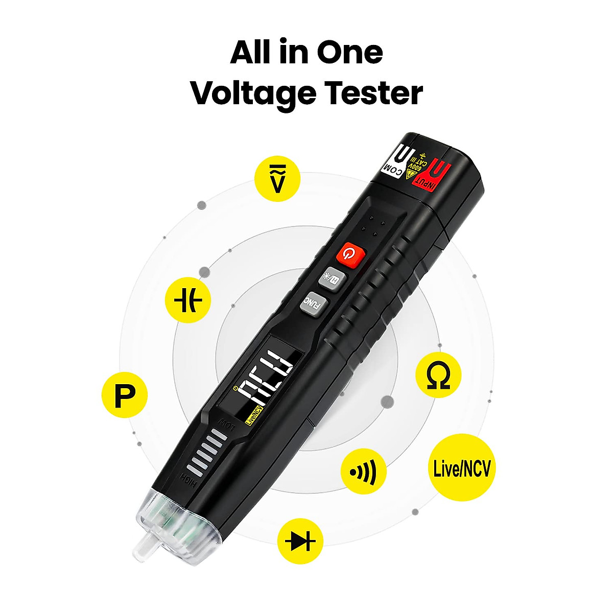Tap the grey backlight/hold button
pos(329,278)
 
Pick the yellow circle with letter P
pos(125,395)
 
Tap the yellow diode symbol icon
pos(300,541)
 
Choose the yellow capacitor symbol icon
pos(188,300)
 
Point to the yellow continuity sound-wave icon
pos(364,471)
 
